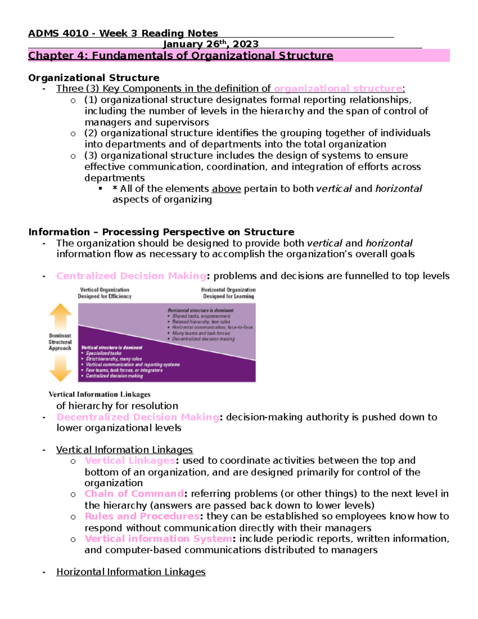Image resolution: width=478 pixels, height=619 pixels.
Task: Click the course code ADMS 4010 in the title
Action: [58, 33]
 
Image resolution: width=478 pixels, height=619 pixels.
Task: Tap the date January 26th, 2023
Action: [211, 44]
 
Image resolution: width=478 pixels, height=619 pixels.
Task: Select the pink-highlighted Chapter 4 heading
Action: [180, 56]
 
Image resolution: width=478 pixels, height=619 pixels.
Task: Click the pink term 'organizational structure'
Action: [338, 88]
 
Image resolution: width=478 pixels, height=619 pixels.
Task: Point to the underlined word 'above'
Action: [226, 189]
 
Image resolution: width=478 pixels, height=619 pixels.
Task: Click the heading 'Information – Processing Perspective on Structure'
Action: [161, 232]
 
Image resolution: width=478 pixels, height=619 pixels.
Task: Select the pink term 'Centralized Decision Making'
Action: [131, 276]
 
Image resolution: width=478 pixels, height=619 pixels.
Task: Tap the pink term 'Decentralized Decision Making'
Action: [137, 417]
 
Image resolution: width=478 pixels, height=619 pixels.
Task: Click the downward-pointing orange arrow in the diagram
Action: [60, 368]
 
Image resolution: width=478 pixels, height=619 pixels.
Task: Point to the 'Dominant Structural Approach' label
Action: [60, 342]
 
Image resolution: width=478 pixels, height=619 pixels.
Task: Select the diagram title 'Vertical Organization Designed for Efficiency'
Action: [104, 293]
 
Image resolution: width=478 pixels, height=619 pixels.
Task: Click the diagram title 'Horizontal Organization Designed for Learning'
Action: [228, 293]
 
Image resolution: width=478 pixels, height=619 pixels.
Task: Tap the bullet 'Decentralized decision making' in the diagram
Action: [203, 339]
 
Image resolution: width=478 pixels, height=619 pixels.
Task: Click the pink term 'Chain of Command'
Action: [134, 494]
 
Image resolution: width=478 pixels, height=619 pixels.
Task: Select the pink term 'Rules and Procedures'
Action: [142, 516]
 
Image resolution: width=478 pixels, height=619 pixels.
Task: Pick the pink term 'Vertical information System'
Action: [158, 539]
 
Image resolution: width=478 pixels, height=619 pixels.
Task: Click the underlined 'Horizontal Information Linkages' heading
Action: [131, 572]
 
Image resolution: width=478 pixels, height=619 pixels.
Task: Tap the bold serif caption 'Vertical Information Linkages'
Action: [100, 395]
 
